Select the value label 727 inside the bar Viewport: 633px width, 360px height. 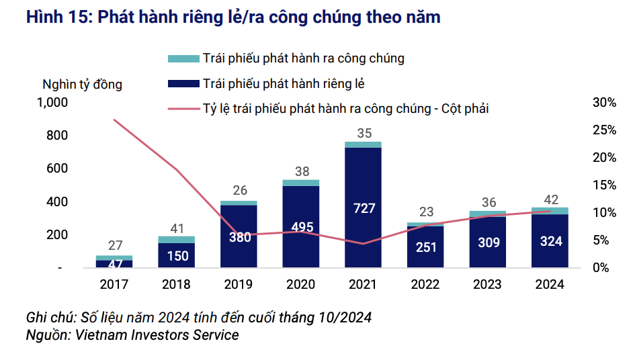coord(364,208)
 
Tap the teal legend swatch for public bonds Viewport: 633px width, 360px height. coord(183,58)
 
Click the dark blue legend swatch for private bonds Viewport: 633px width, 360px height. coord(183,83)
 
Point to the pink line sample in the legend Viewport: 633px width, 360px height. coord(183,108)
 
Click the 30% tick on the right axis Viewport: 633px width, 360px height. coord(604,103)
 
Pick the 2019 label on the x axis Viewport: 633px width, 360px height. coord(239,284)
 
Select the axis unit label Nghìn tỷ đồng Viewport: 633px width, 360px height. coord(82,85)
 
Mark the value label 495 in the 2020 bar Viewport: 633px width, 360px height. coord(301,227)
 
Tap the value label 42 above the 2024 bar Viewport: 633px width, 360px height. coord(551,199)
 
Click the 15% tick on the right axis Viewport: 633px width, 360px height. coord(604,185)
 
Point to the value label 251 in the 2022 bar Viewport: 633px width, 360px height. coord(426,246)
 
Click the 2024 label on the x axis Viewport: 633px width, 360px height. coord(550,284)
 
